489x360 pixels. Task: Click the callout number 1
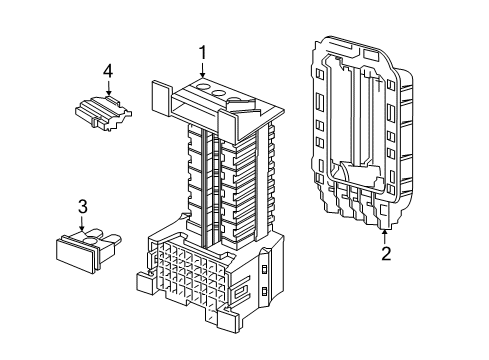pyautogui.click(x=203, y=53)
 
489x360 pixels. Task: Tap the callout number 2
pyautogui.click(x=386, y=254)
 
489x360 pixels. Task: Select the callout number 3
pyautogui.click(x=82, y=206)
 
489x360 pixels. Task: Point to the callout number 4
pyautogui.click(x=108, y=71)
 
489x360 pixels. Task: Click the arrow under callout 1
pyautogui.click(x=203, y=71)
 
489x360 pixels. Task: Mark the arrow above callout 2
pyautogui.click(x=385, y=236)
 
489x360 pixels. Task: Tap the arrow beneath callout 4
pyautogui.click(x=108, y=88)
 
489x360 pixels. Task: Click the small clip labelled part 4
pyautogui.click(x=103, y=112)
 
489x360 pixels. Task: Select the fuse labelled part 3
pyautogui.click(x=87, y=249)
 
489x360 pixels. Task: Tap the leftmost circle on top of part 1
pyautogui.click(x=202, y=87)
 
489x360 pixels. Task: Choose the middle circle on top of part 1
pyautogui.click(x=219, y=94)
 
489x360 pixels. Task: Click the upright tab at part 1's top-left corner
pyautogui.click(x=162, y=98)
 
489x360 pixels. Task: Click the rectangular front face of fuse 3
pyautogui.click(x=74, y=255)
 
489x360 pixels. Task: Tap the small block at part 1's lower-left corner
pyautogui.click(x=144, y=283)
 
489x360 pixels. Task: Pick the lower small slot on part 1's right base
pyautogui.click(x=265, y=292)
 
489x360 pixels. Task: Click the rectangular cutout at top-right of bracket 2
pyautogui.click(x=371, y=54)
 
